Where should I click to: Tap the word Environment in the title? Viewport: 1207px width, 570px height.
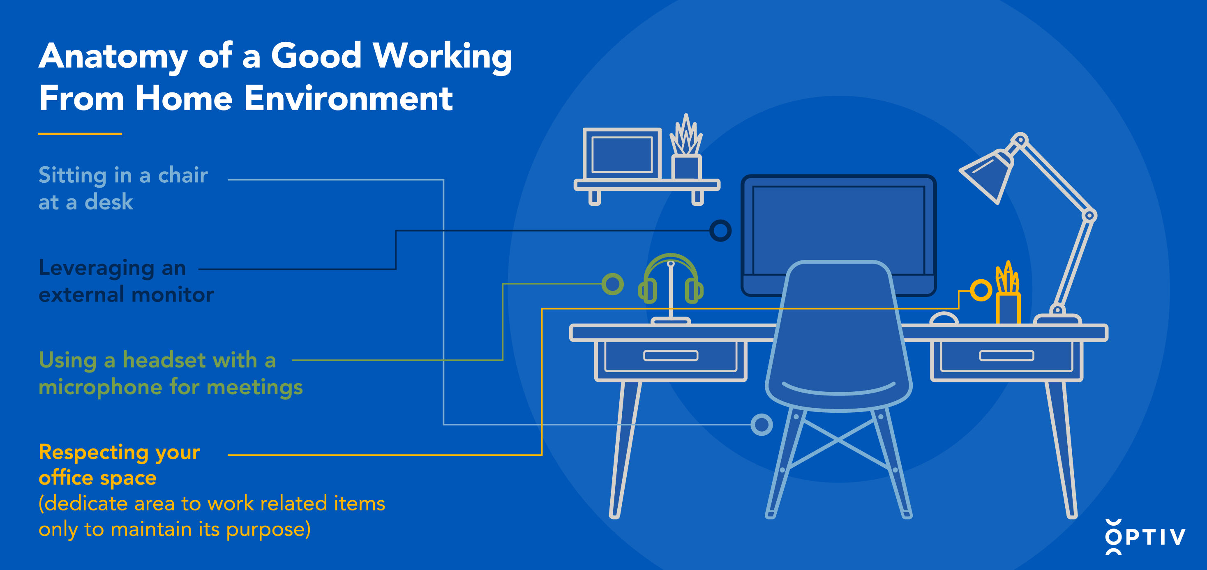(348, 99)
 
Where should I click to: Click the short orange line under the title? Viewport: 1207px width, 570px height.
(80, 133)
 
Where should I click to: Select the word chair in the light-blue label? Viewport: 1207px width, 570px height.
(183, 175)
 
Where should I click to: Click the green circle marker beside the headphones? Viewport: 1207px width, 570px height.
(612, 284)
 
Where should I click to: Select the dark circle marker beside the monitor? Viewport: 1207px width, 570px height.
(720, 230)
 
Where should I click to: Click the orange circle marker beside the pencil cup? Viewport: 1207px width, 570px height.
(981, 290)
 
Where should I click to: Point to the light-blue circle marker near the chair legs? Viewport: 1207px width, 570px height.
(762, 425)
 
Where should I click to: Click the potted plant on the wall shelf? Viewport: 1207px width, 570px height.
(686, 147)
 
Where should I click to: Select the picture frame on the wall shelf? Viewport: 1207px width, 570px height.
(622, 154)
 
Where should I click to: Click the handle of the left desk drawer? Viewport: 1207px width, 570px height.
(671, 356)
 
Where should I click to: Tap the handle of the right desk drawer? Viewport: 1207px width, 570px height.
(1006, 356)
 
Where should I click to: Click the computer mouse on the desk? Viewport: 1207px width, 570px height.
(944, 318)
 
